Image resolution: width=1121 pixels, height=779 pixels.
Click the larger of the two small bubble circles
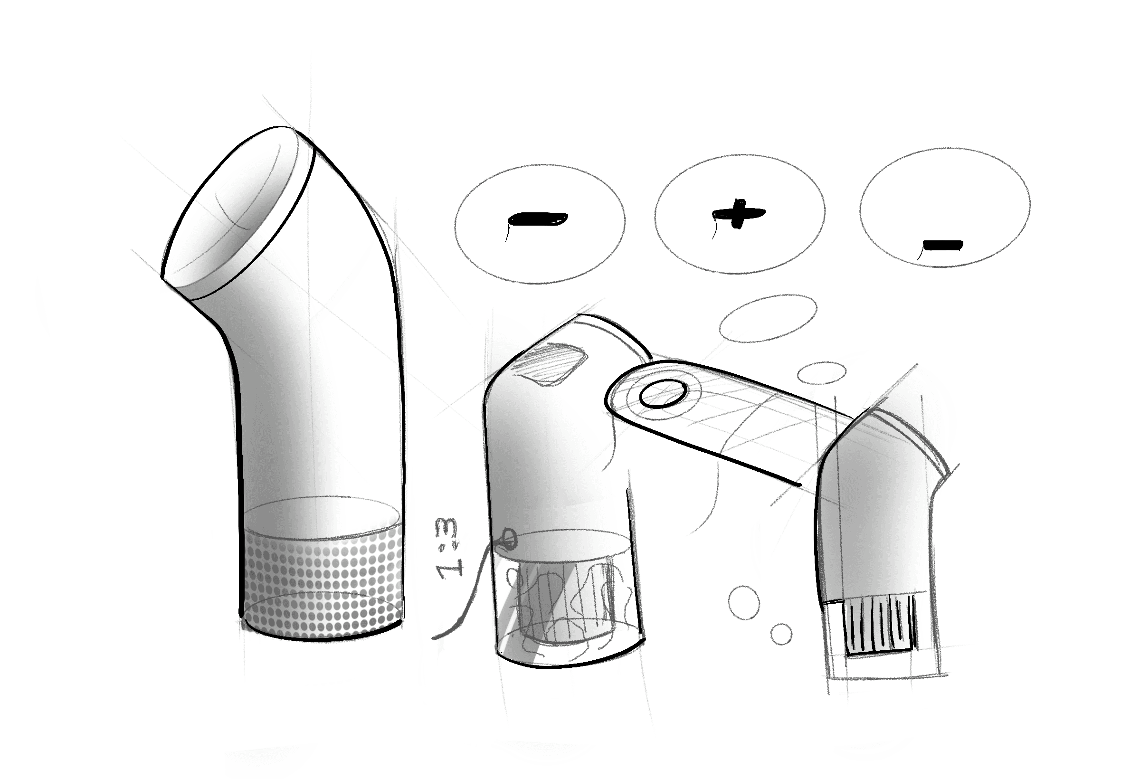click(x=744, y=602)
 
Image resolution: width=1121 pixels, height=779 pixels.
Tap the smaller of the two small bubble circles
click(x=781, y=634)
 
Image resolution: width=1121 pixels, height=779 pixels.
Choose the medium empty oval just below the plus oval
click(x=768, y=318)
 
